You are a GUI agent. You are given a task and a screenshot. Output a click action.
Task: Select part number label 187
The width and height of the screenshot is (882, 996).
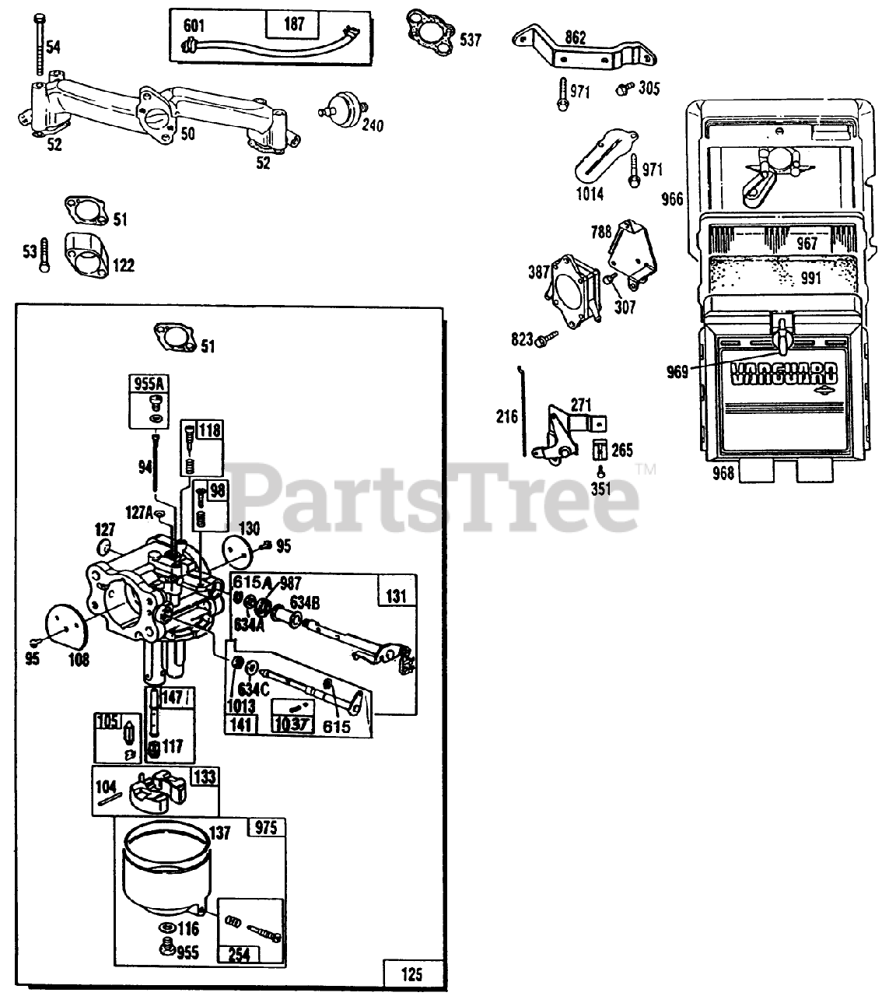[294, 23]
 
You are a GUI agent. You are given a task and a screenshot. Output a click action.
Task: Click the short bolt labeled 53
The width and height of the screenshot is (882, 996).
[44, 254]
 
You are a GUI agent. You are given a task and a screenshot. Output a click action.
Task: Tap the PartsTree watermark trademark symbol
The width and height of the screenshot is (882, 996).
[646, 469]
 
